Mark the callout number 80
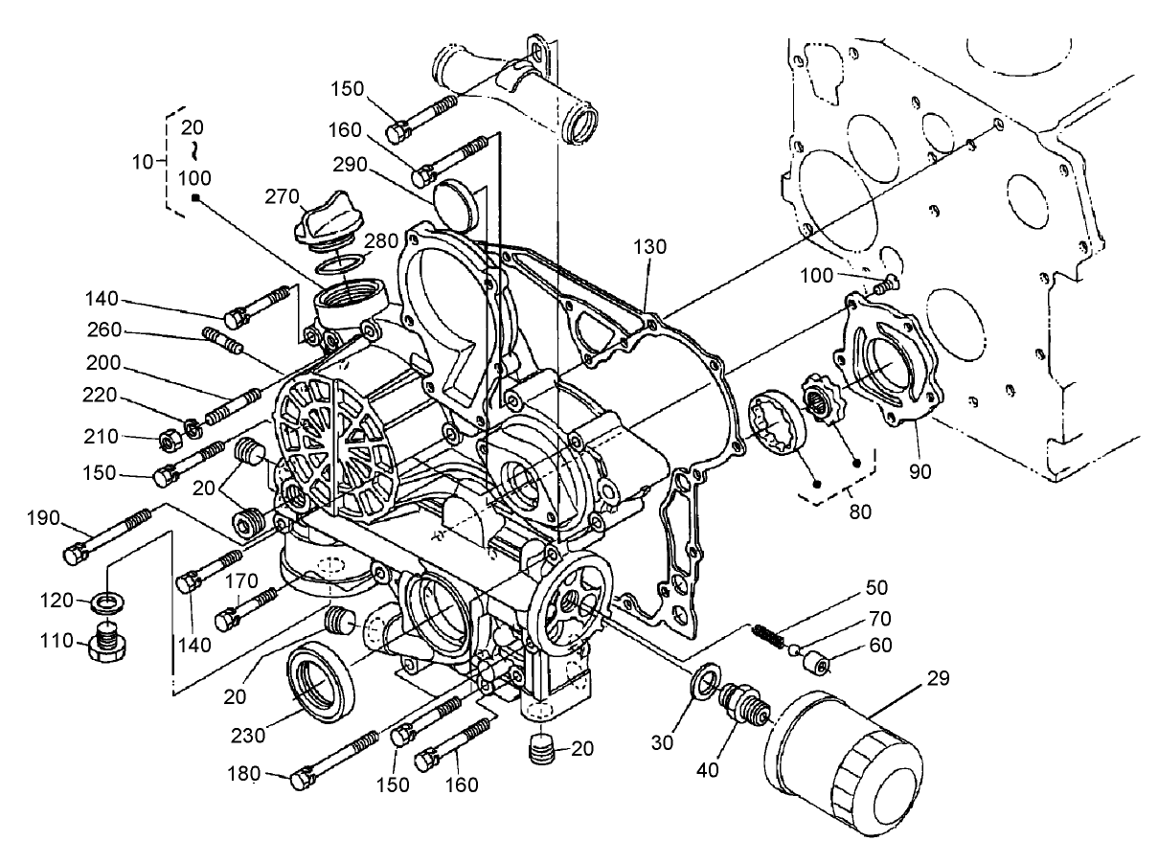coord(859,511)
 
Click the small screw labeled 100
coord(887,283)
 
